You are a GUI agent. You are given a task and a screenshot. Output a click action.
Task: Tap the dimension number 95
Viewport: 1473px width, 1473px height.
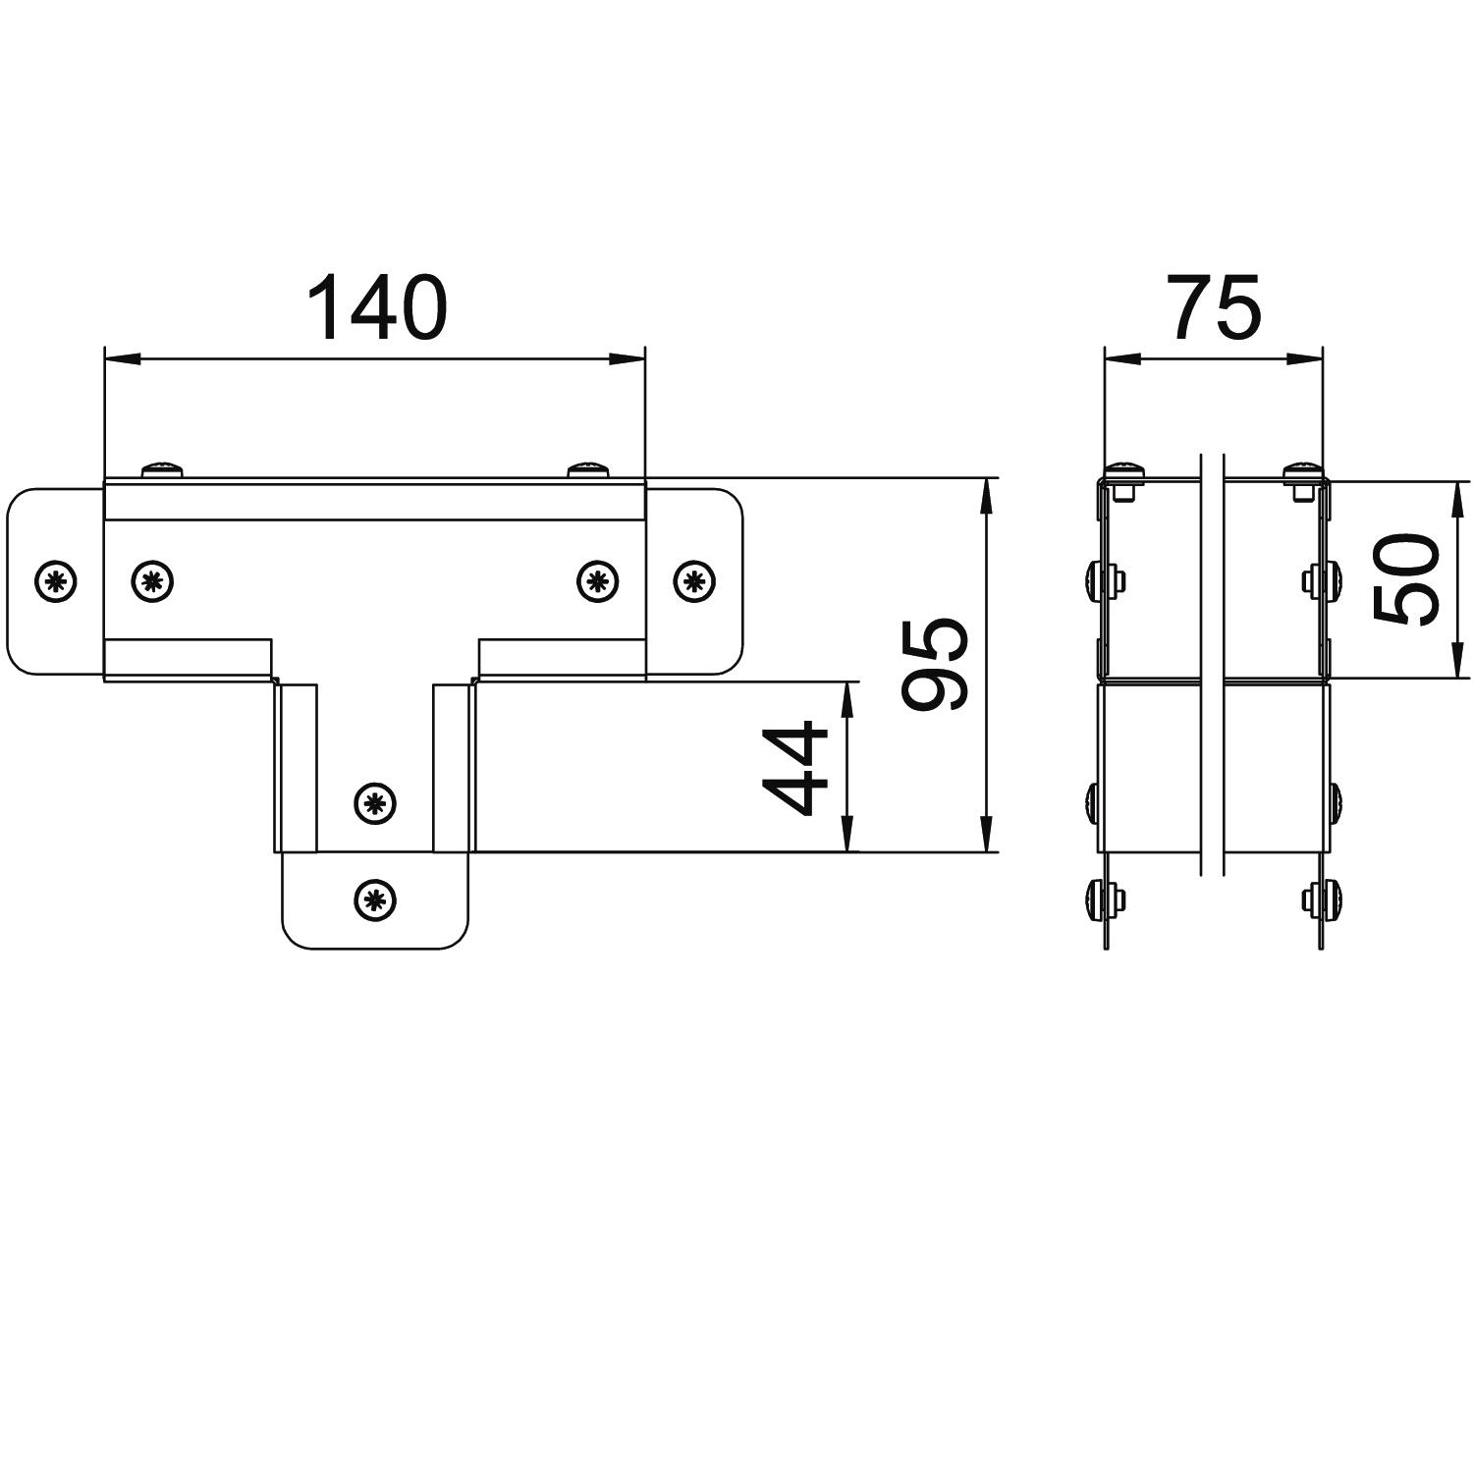(936, 663)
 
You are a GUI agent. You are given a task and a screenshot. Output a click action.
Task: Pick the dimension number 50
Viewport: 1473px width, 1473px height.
(1406, 580)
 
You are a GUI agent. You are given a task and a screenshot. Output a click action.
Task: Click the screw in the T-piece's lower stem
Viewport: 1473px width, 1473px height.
(374, 804)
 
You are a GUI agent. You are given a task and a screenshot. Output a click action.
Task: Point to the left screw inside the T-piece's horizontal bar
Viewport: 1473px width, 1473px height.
(152, 581)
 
